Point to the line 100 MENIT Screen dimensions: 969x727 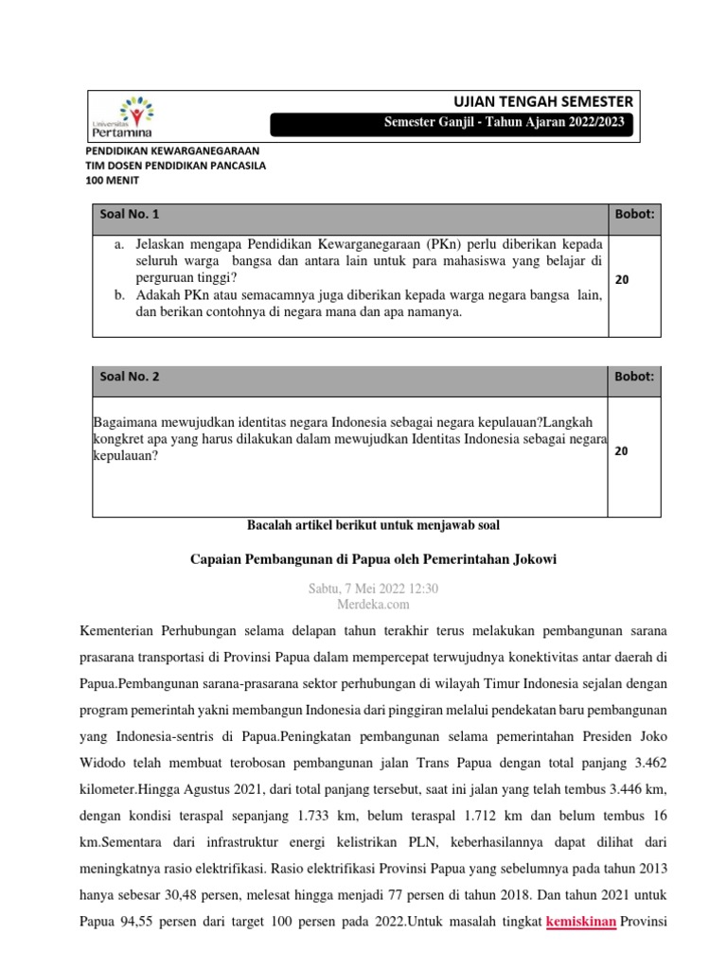[x=112, y=180]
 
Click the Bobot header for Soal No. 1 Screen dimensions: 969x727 [x=635, y=215]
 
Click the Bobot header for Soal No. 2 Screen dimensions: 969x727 [x=635, y=377]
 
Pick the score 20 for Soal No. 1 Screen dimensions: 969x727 [x=621, y=280]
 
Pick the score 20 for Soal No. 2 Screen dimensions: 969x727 [x=621, y=451]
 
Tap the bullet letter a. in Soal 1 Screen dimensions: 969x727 [x=120, y=244]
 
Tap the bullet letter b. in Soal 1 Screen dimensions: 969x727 [x=120, y=295]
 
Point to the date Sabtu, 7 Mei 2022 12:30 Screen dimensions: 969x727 [x=373, y=588]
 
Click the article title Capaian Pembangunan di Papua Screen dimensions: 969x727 [x=373, y=559]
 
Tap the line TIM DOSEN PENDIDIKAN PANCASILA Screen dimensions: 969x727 [x=175, y=166]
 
